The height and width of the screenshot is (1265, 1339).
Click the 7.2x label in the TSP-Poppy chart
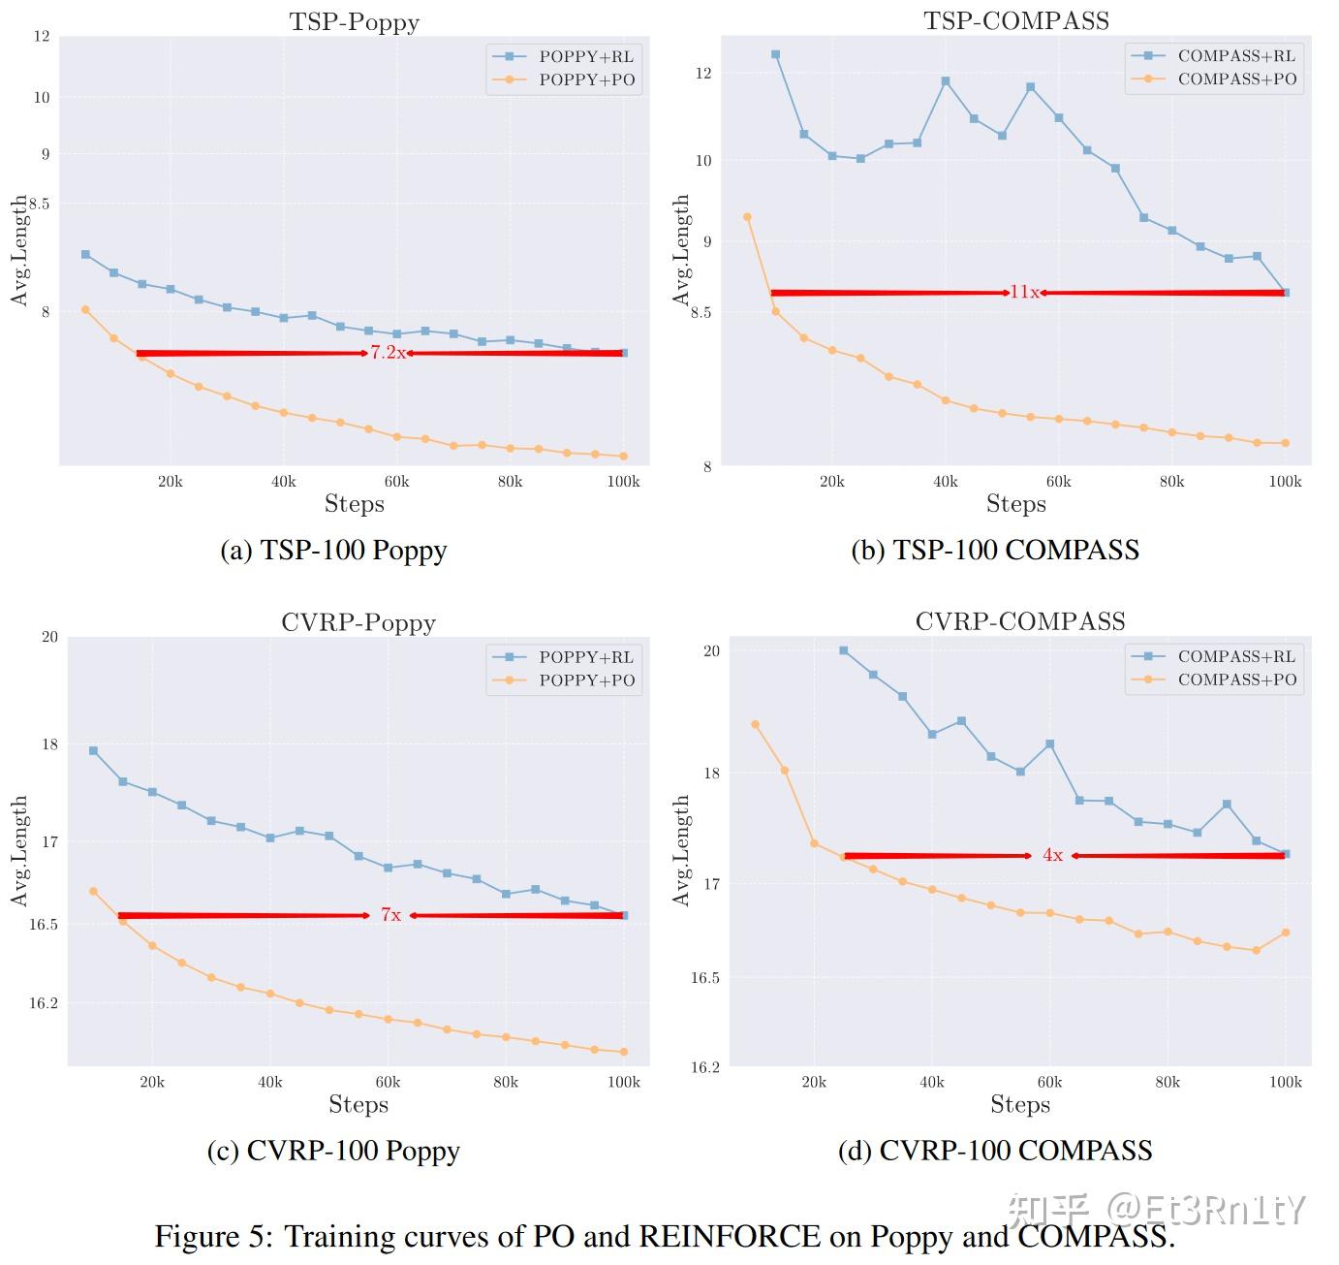(388, 353)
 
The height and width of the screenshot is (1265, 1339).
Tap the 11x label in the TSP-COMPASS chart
(1024, 292)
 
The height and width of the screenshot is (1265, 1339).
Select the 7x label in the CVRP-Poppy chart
(390, 915)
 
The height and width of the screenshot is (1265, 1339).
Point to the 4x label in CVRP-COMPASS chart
(1052, 855)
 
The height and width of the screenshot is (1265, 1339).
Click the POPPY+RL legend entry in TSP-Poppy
(585, 57)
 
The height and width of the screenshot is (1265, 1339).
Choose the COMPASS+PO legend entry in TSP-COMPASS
(1236, 79)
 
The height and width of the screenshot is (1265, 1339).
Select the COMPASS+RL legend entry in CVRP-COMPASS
(1235, 656)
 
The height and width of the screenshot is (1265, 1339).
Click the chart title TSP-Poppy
(354, 21)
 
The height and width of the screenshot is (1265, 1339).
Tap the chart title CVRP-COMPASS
(1020, 621)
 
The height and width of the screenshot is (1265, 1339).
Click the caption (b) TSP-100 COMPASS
(995, 551)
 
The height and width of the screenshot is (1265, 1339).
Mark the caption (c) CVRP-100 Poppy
(333, 1151)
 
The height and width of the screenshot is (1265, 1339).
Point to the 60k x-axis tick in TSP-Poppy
(396, 482)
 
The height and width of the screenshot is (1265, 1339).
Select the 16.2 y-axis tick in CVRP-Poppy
(43, 1003)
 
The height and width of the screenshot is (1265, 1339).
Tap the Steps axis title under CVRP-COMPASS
(1020, 1104)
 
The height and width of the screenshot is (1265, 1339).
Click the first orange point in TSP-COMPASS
(747, 217)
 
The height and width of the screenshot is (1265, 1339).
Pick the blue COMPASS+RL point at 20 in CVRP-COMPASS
(843, 650)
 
